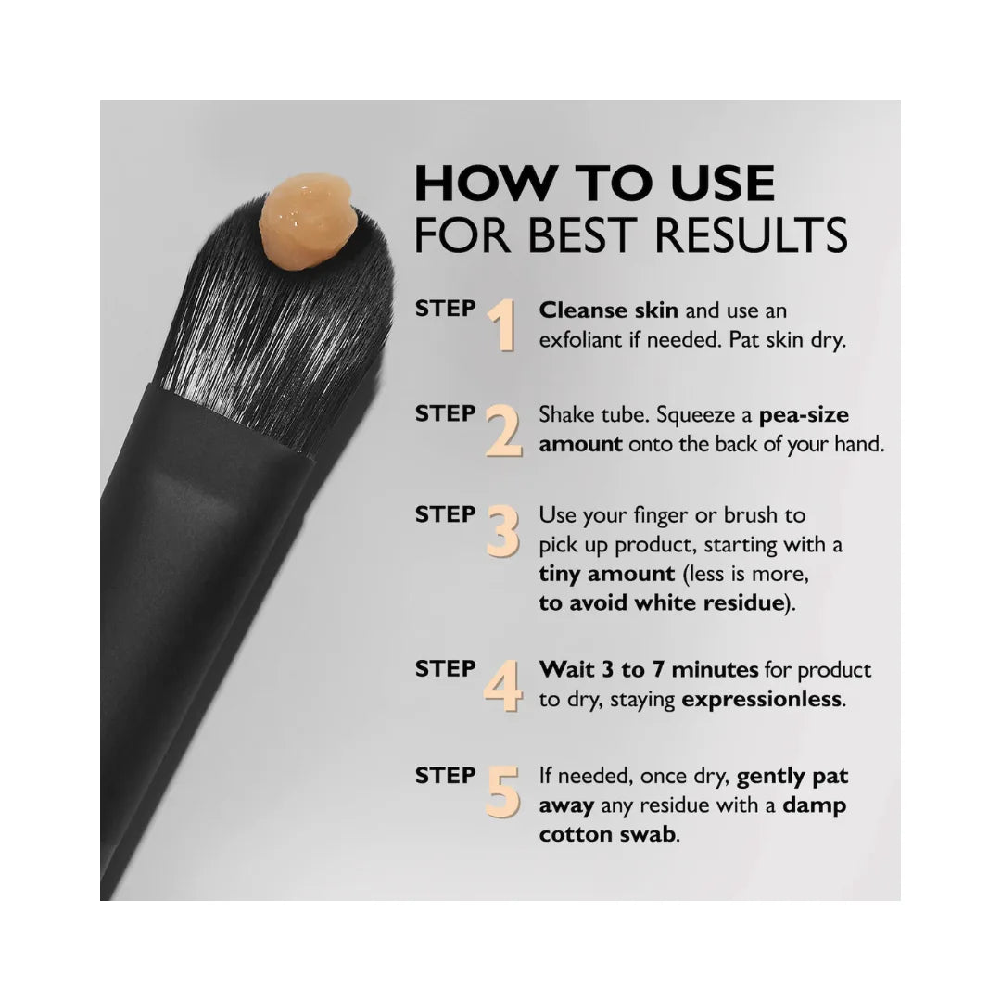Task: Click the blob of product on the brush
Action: click(307, 222)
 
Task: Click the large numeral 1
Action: click(503, 325)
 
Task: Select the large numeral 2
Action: click(503, 431)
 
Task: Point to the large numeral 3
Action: click(503, 531)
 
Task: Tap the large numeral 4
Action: click(503, 686)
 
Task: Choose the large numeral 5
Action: click(503, 792)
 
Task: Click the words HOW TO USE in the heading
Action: click(595, 184)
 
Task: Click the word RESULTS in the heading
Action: click(752, 234)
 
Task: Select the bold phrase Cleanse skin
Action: click(608, 310)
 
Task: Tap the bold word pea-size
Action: click(804, 415)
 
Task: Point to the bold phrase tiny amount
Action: click(606, 574)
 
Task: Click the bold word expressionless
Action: click(762, 700)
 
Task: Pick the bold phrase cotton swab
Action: click(607, 834)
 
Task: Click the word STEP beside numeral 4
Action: click(446, 669)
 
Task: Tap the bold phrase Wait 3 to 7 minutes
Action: click(649, 670)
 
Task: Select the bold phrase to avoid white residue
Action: click(662, 602)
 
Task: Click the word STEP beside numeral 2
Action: click(446, 413)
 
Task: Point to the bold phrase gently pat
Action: click(792, 777)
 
